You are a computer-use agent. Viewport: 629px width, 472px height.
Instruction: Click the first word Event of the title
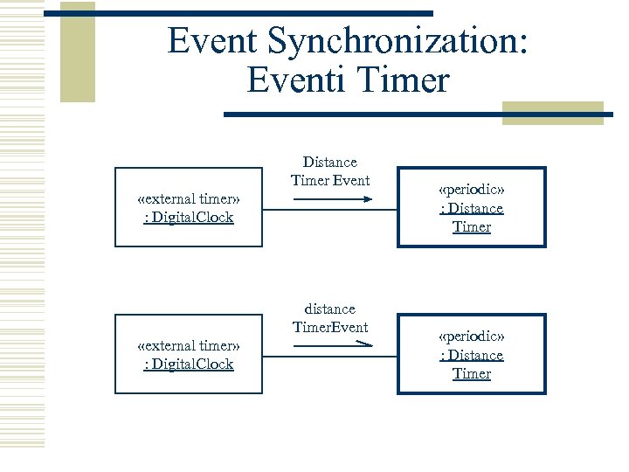tap(214, 40)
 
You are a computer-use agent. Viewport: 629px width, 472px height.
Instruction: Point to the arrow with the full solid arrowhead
tap(333, 200)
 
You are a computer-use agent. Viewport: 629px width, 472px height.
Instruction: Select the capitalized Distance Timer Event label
tap(330, 171)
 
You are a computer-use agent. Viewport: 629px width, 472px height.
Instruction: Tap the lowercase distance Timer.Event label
tap(330, 318)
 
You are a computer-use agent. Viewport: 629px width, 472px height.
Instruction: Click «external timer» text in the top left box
tap(189, 198)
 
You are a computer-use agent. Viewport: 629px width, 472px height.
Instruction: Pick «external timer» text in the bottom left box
tap(189, 345)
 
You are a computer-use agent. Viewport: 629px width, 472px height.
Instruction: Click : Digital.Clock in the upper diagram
tap(189, 217)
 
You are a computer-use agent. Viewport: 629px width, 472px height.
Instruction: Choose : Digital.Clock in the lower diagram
tap(189, 364)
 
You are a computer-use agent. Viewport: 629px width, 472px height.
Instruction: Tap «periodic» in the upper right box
tap(472, 190)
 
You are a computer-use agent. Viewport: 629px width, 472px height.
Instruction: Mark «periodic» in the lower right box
tap(472, 337)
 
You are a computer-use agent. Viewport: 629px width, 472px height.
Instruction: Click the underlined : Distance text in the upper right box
tap(472, 208)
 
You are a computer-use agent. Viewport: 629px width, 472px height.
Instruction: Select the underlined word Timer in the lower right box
tap(472, 373)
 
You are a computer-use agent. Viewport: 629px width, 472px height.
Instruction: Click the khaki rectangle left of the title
tap(78, 52)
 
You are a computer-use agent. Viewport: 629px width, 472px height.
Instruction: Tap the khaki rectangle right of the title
tap(552, 113)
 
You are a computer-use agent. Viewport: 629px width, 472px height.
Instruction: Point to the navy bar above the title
tap(238, 13)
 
